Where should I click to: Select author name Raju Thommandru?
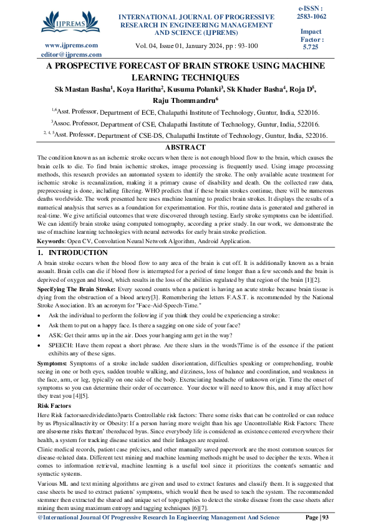tap(185, 100)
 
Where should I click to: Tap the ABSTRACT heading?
tap(185, 147)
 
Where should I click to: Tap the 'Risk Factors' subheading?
tap(54, 405)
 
